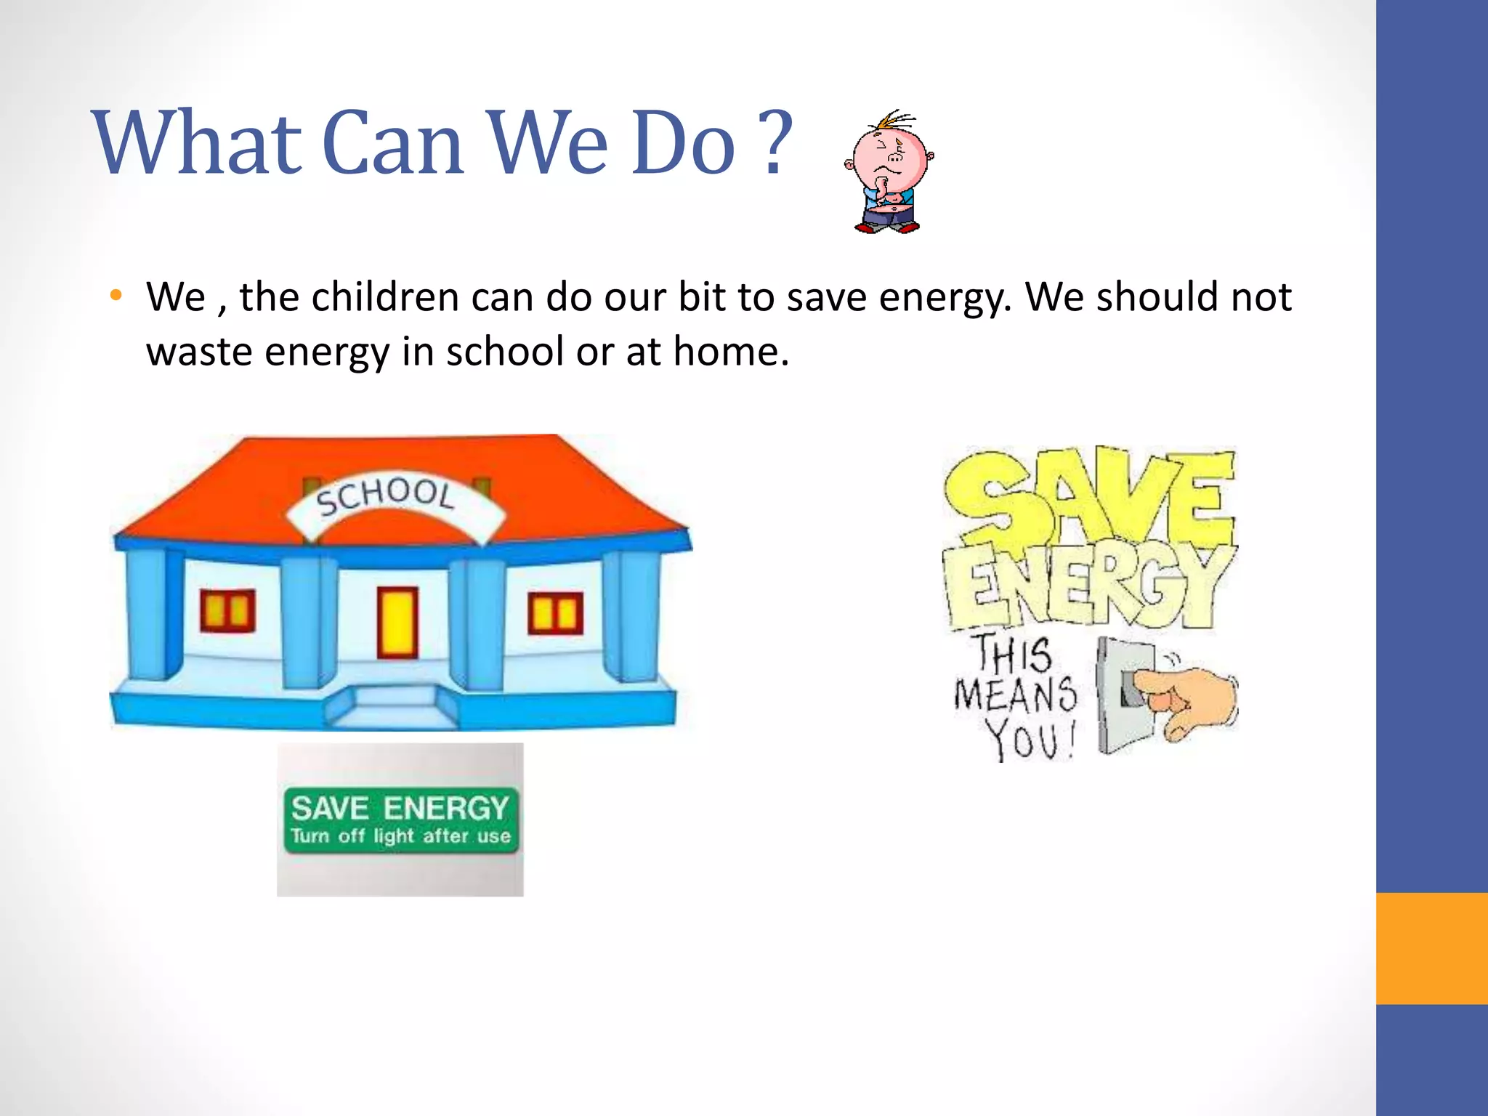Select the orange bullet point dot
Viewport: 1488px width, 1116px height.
(x=116, y=296)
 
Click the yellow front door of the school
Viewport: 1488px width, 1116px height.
(x=397, y=623)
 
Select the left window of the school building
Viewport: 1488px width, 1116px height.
(x=228, y=610)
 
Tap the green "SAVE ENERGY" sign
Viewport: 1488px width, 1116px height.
(x=400, y=819)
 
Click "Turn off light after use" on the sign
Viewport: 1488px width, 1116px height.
(x=400, y=836)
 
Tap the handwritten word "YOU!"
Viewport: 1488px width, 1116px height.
(x=1028, y=740)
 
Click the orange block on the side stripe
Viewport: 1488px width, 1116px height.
(x=1431, y=948)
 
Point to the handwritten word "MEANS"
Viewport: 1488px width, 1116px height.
(x=1015, y=694)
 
